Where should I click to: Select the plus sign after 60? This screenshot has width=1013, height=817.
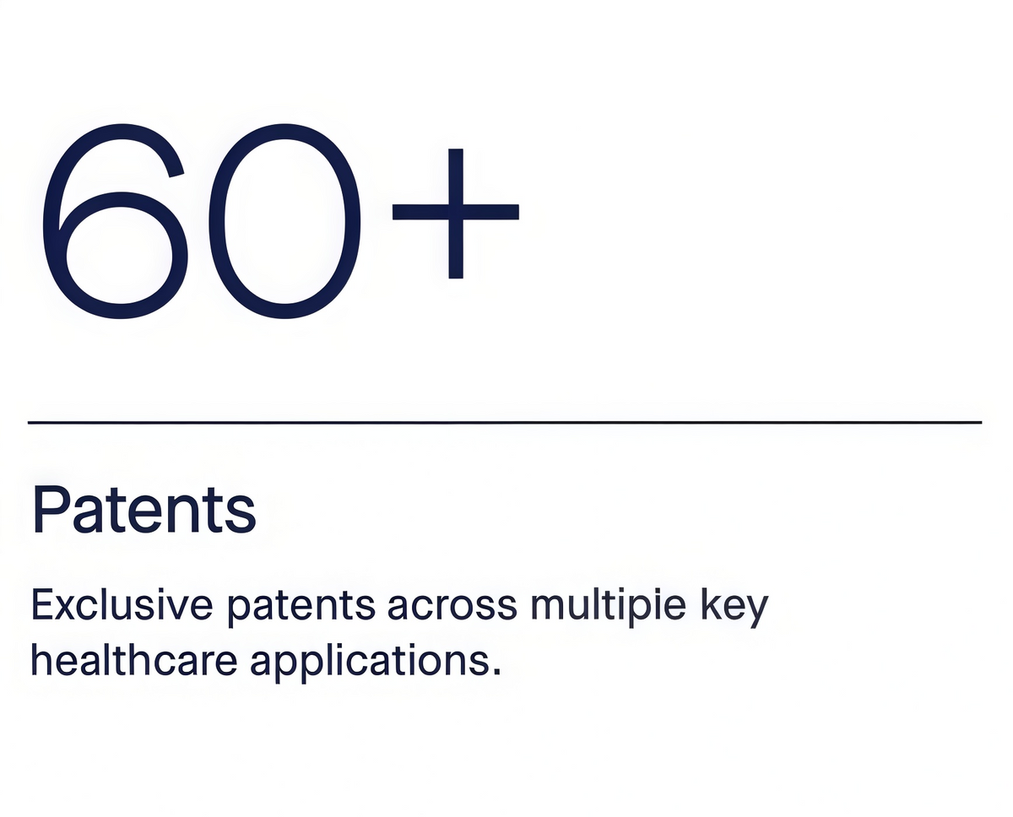[x=456, y=213]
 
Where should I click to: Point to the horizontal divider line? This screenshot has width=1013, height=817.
[x=505, y=423]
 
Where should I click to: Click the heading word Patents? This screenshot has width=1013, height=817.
[x=144, y=510]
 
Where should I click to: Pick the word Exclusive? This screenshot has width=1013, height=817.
[x=122, y=605]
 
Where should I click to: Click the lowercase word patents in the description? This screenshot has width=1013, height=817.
[x=301, y=608]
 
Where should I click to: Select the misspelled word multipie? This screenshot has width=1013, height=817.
[x=609, y=607]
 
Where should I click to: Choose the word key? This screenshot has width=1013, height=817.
[x=734, y=607]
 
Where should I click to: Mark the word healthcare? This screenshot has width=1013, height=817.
[x=134, y=660]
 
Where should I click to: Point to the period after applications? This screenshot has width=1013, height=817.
[x=496, y=672]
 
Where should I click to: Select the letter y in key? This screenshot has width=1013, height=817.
[x=755, y=612]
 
